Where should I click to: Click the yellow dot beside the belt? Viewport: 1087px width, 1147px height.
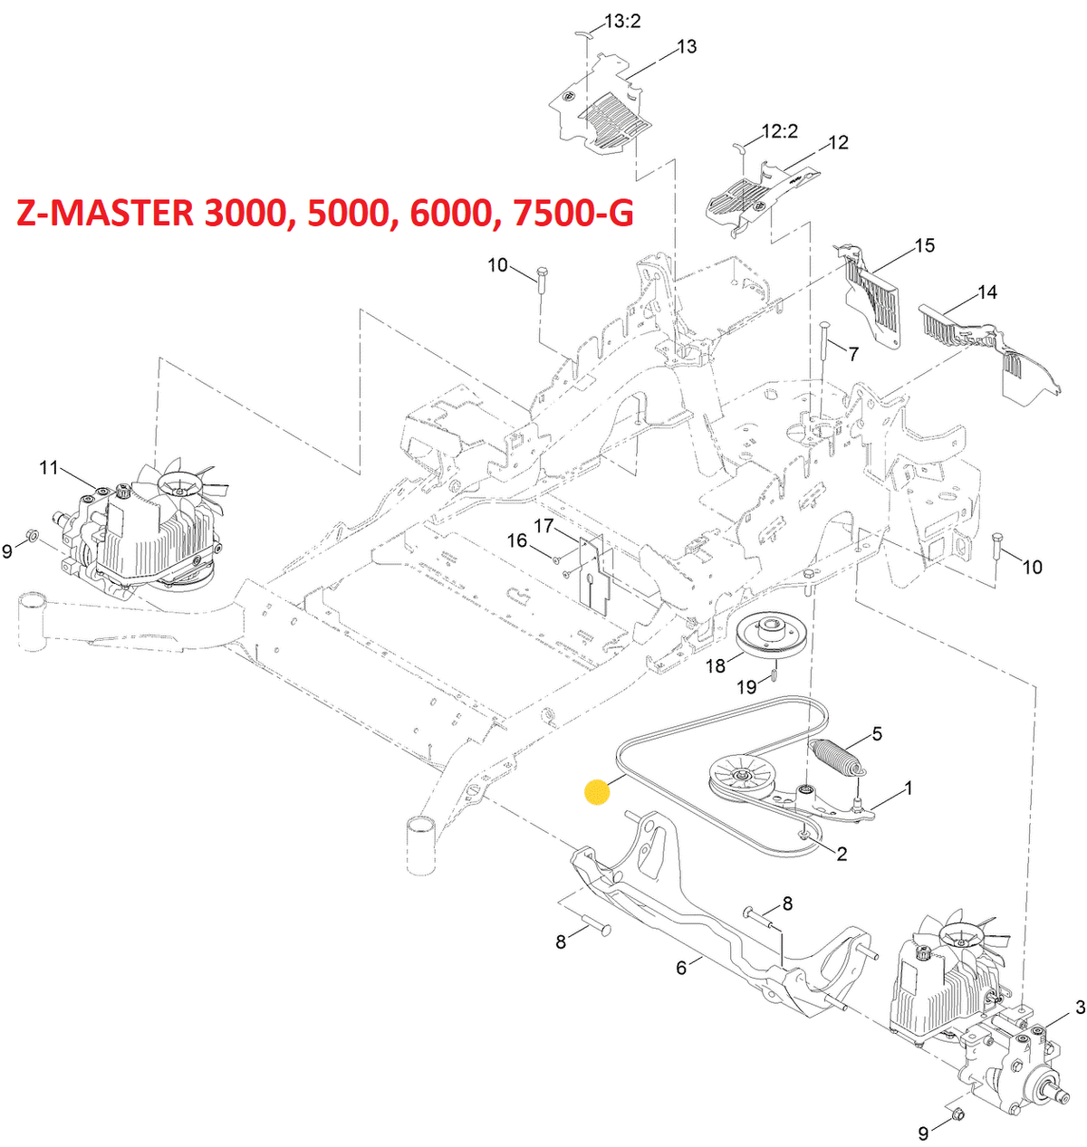pyautogui.click(x=597, y=792)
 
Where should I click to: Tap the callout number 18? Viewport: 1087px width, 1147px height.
pyautogui.click(x=716, y=667)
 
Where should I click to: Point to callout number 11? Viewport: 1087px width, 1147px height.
pyautogui.click(x=48, y=467)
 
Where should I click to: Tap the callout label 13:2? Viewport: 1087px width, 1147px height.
pyautogui.click(x=622, y=20)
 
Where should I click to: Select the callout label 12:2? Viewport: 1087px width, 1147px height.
pyautogui.click(x=779, y=131)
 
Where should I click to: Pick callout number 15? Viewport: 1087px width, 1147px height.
pyautogui.click(x=924, y=245)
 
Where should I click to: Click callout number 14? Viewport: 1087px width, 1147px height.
pyautogui.click(x=986, y=292)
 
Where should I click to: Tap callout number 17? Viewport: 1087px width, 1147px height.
pyautogui.click(x=543, y=526)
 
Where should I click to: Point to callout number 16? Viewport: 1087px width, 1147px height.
pyautogui.click(x=516, y=540)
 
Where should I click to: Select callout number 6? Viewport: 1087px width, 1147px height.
pyautogui.click(x=681, y=967)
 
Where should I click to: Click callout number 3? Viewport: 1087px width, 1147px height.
pyautogui.click(x=1080, y=1007)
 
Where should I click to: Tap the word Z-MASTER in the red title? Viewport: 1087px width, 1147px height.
pyautogui.click(x=107, y=214)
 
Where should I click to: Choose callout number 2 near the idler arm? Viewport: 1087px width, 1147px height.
pyautogui.click(x=842, y=853)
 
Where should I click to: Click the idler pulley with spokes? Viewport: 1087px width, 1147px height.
pyautogui.click(x=740, y=777)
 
